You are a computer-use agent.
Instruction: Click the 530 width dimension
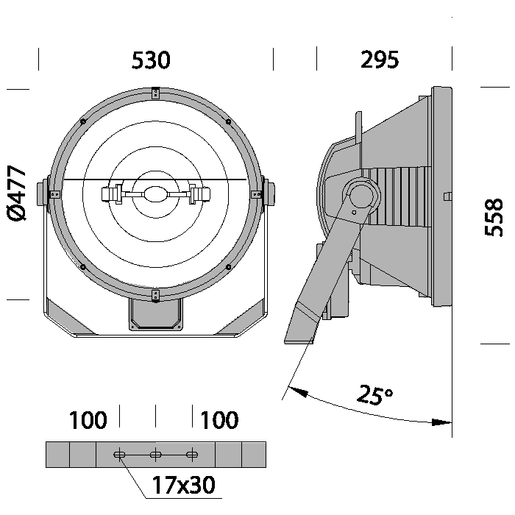pyautogui.click(x=151, y=60)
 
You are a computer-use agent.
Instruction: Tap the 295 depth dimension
pyautogui.click(x=380, y=60)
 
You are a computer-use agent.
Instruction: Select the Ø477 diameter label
pyautogui.click(x=16, y=193)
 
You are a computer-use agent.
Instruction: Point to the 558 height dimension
pyautogui.click(x=494, y=218)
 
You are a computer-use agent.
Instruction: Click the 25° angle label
pyautogui.click(x=374, y=394)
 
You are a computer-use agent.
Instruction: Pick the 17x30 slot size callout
pyautogui.click(x=184, y=485)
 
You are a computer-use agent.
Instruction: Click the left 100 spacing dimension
pyautogui.click(x=88, y=420)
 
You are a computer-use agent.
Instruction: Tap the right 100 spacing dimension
pyautogui.click(x=219, y=420)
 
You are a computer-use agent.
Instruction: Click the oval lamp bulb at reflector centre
pyautogui.click(x=156, y=194)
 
